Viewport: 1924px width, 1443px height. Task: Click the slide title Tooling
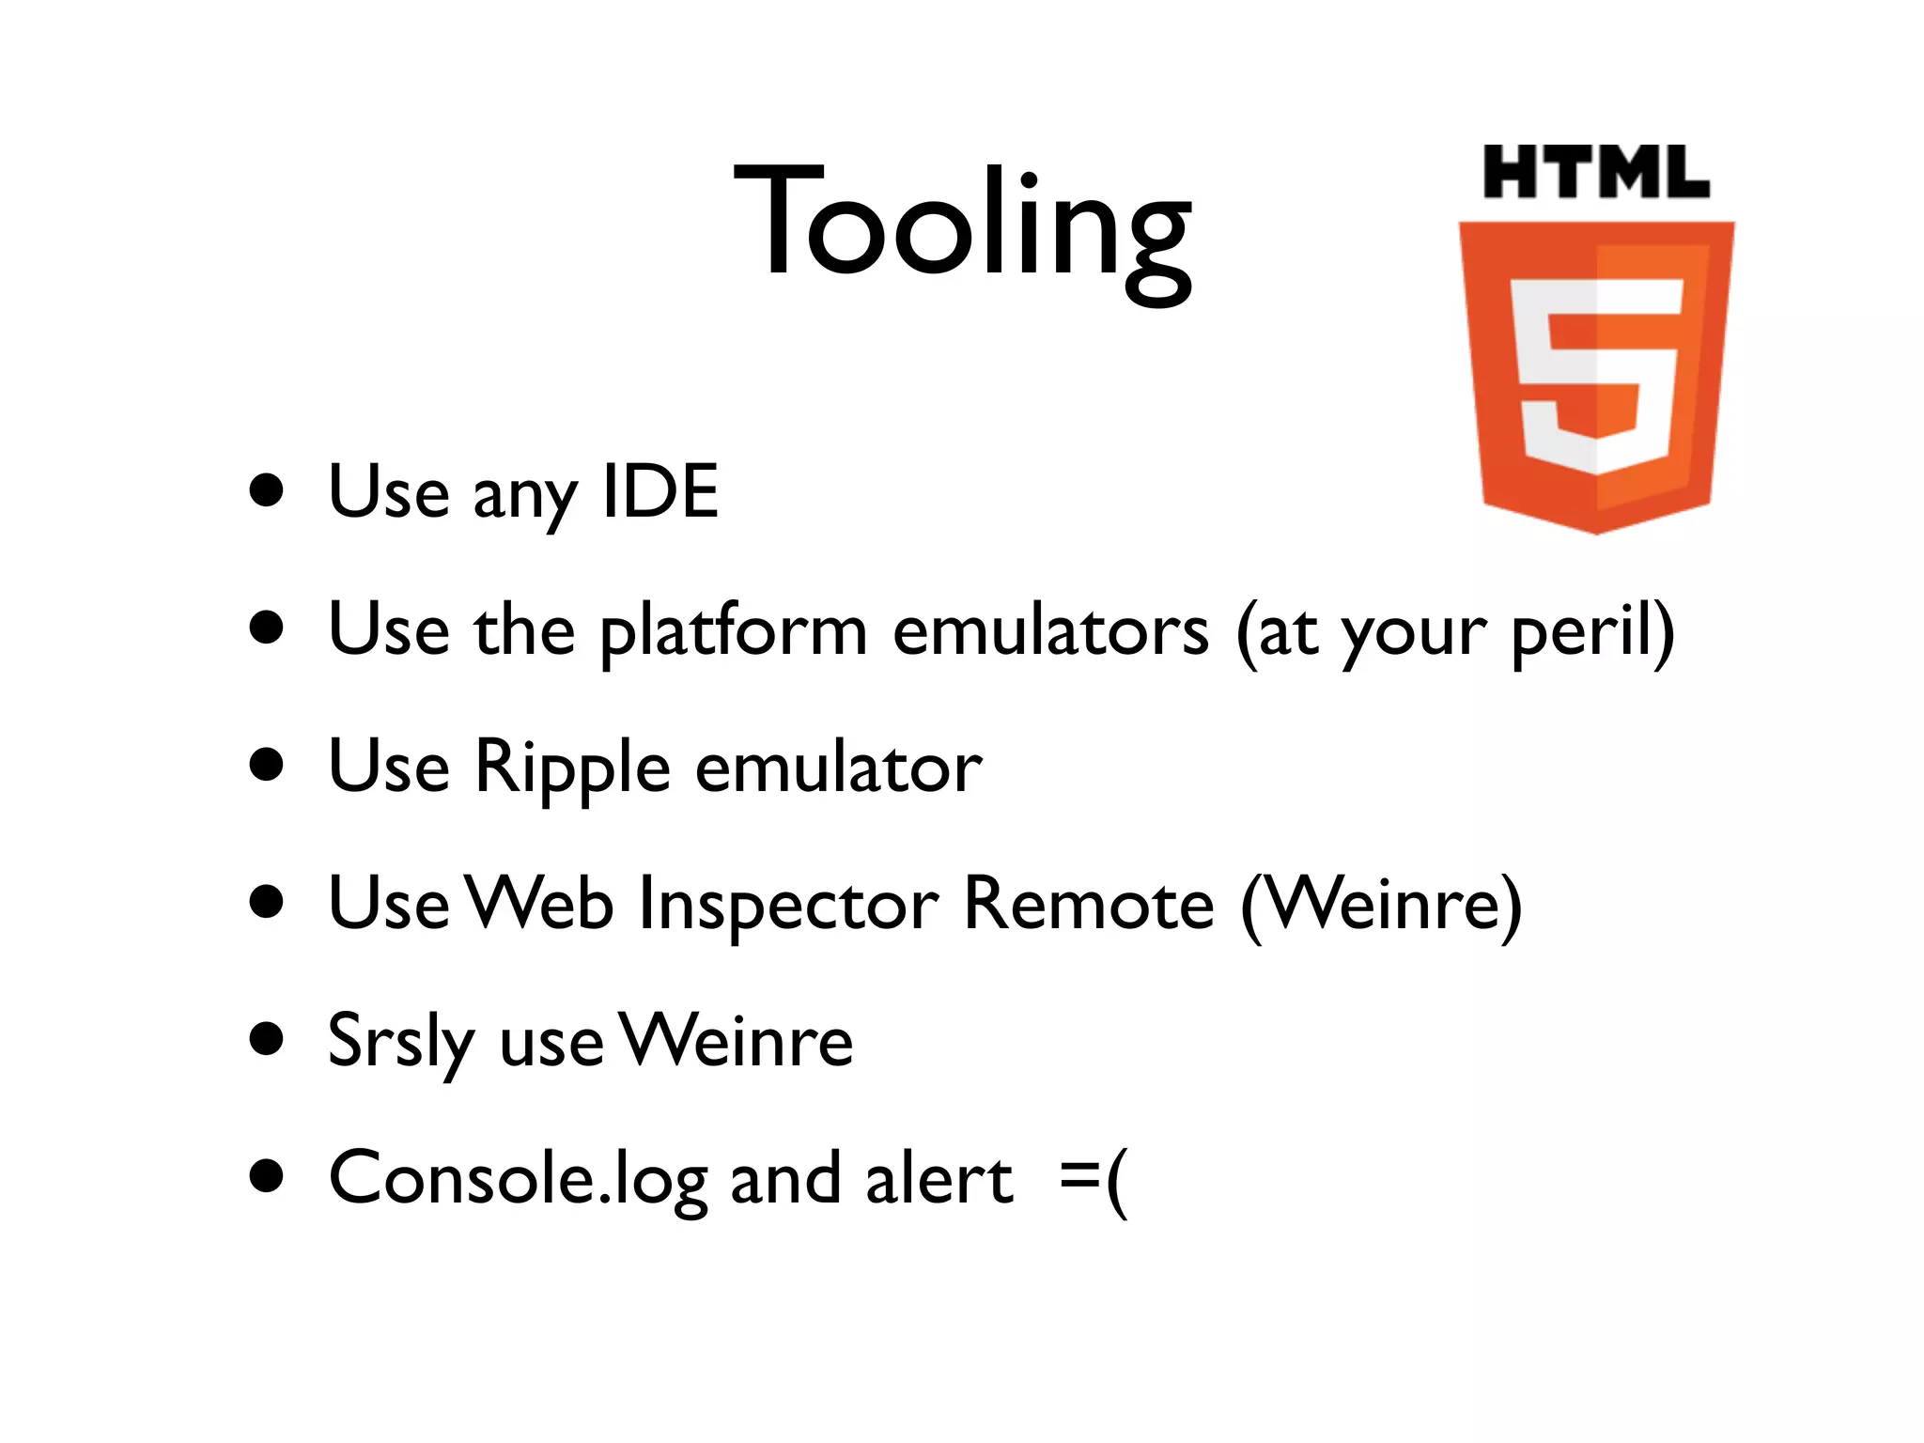click(x=962, y=225)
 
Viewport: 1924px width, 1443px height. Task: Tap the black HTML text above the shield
click(x=1595, y=173)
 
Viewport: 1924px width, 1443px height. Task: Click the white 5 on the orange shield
click(x=1595, y=376)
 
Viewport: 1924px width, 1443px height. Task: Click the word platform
click(x=733, y=631)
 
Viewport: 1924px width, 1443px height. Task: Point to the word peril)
click(x=1591, y=631)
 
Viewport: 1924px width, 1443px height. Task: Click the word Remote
click(x=1089, y=904)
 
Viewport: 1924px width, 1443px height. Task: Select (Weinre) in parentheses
click(x=1381, y=904)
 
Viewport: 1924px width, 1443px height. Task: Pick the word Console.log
click(x=518, y=1178)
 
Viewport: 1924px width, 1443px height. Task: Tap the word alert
click(x=939, y=1178)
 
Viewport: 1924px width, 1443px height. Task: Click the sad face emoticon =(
click(x=1093, y=1178)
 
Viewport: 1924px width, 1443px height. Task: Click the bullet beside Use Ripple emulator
click(x=268, y=765)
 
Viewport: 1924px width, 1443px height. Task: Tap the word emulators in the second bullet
click(x=1050, y=631)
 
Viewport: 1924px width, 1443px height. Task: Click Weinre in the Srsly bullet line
click(x=738, y=1041)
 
